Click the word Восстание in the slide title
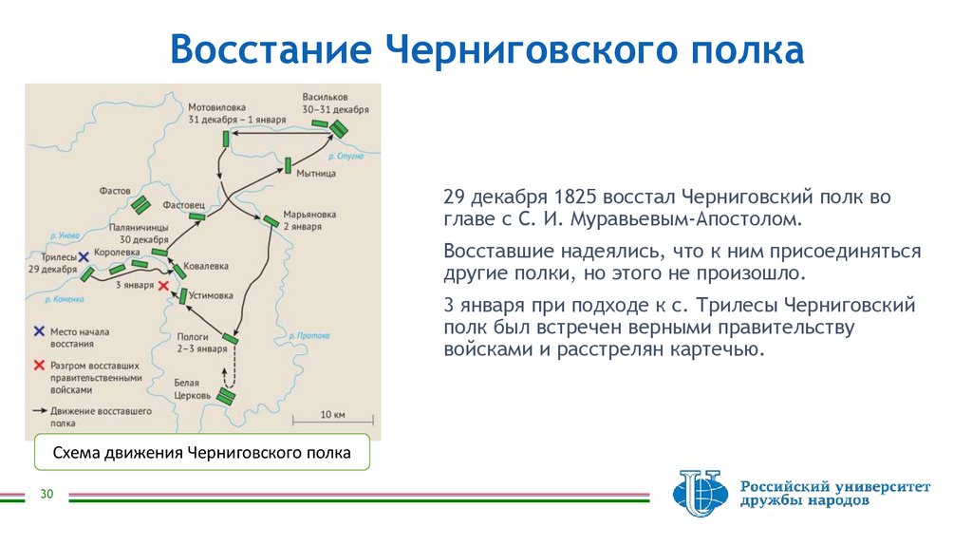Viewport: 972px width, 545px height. coord(270,49)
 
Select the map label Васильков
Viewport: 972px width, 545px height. coord(326,97)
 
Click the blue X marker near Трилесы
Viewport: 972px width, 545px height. coord(84,256)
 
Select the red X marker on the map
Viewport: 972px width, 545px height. coord(164,286)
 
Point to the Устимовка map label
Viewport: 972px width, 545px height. coord(211,295)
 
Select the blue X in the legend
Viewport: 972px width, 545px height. coord(38,331)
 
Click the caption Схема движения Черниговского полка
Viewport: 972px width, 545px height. coord(201,454)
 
